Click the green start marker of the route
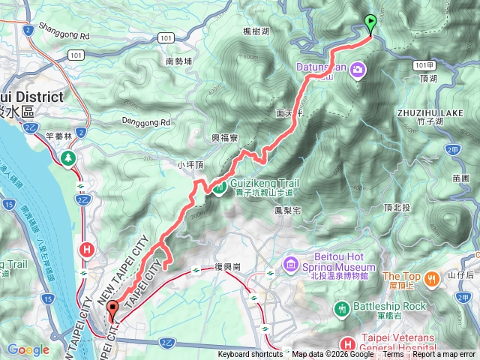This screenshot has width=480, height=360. pos(370,23)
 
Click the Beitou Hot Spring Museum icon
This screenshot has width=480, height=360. pos(290,264)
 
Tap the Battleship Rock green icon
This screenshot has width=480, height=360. pos(343,307)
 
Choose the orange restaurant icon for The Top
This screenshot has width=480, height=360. pos(432,280)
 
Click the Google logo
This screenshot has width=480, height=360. pos(28,349)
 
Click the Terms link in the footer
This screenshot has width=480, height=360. pos(393,355)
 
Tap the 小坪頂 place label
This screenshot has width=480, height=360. pos(190,163)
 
